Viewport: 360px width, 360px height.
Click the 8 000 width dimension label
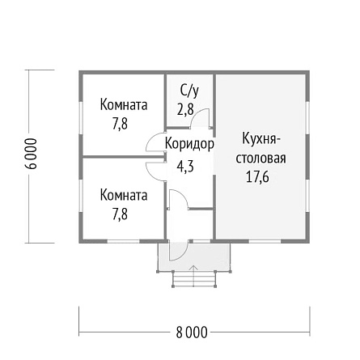[192, 332]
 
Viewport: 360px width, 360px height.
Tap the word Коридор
[189, 143]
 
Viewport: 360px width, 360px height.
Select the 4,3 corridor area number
[185, 166]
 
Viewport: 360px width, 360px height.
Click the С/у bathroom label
[189, 91]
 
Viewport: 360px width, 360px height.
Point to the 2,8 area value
[185, 109]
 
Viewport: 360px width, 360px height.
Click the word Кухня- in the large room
[261, 139]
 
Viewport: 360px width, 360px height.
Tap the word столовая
[260, 159]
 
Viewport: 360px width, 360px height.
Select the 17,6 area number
[257, 177]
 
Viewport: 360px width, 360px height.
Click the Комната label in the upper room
[124, 105]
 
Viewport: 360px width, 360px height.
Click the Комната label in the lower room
[124, 195]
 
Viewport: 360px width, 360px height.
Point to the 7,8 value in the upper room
[120, 124]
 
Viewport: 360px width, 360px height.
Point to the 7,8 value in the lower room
[120, 214]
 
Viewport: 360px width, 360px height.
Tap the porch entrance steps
[194, 279]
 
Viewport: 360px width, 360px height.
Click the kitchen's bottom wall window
[265, 241]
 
